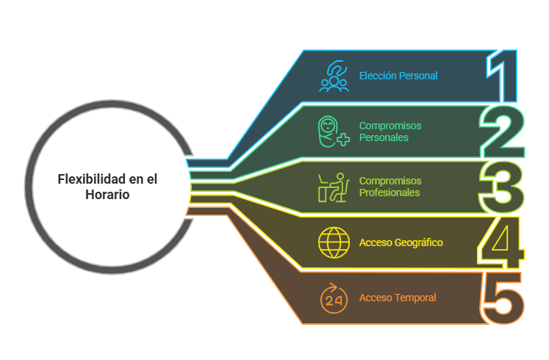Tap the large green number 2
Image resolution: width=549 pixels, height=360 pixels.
[x=503, y=132]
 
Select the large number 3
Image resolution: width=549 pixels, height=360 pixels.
[x=501, y=187]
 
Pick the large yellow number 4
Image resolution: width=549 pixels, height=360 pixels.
[x=503, y=242]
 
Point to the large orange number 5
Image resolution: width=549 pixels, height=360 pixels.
[x=503, y=298]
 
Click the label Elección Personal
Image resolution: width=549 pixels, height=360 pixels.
[x=398, y=76]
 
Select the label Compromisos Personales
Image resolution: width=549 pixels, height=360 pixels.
[x=390, y=132]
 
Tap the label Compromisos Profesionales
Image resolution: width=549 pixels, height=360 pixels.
[x=390, y=187]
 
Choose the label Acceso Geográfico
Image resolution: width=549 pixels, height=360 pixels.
[x=401, y=242]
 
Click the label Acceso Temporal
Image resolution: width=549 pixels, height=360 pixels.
[x=398, y=298]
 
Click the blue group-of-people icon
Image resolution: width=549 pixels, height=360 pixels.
[x=334, y=76]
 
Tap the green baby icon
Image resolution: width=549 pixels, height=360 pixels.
[x=332, y=132]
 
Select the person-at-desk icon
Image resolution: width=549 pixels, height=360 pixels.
[x=332, y=187]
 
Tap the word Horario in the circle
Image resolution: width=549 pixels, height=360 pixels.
[x=107, y=195]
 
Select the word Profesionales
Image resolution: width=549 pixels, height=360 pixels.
[x=390, y=192]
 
